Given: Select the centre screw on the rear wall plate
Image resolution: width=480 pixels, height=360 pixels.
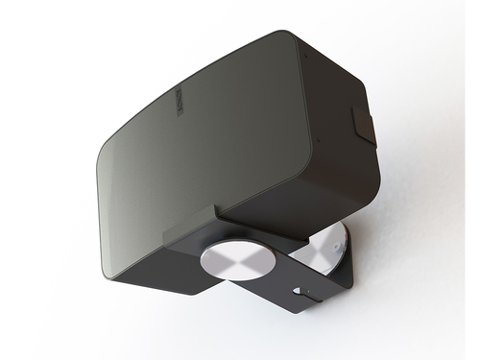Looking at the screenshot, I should [331, 248].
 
